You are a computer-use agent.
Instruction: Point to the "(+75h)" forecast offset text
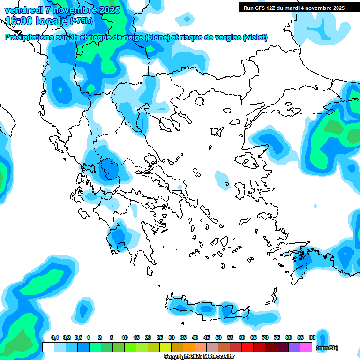81,21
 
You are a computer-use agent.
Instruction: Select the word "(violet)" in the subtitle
255,37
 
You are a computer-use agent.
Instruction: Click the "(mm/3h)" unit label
328,348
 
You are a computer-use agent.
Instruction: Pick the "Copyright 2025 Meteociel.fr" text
199,357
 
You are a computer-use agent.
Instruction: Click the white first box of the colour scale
48,347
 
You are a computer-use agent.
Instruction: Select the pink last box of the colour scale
307,347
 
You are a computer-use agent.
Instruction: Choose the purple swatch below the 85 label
295,347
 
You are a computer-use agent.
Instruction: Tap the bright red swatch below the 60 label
247,347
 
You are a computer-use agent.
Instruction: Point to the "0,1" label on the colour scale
55,337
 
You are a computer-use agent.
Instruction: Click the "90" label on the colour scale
312,337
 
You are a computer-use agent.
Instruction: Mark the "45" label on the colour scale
207,337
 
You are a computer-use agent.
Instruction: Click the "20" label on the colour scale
148,337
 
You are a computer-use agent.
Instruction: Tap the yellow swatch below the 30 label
165,347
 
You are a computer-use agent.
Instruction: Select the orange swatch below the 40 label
189,347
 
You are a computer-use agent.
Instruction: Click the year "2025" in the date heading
106,9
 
